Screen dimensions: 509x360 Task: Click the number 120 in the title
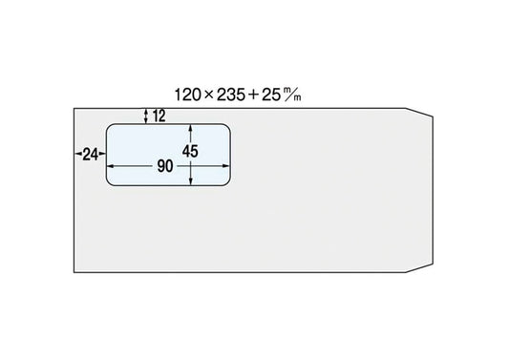pyautogui.click(x=187, y=95)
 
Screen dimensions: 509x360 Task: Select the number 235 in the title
pyautogui.click(x=231, y=95)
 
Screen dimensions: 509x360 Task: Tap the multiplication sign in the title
pyautogui.click(x=208, y=95)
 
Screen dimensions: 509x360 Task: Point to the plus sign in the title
pyautogui.click(x=253, y=95)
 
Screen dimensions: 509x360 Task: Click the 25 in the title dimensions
pyautogui.click(x=270, y=95)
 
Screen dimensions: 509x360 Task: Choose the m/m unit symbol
pyautogui.click(x=292, y=95)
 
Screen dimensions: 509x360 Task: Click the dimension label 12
pyautogui.click(x=159, y=116)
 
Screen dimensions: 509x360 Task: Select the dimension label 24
pyautogui.click(x=90, y=154)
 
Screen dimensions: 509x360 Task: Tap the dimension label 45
pyautogui.click(x=190, y=152)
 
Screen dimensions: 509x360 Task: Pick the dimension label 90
pyautogui.click(x=165, y=166)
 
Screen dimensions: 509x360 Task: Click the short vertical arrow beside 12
pyautogui.click(x=146, y=116)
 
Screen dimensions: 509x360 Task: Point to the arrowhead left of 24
pyautogui.click(x=78, y=154)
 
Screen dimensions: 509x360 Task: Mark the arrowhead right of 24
pyautogui.click(x=102, y=154)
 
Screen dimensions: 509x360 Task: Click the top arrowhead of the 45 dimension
pyautogui.click(x=191, y=127)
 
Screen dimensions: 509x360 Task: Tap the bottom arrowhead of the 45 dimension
pyautogui.click(x=191, y=182)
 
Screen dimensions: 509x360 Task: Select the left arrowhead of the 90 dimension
pyautogui.click(x=111, y=166)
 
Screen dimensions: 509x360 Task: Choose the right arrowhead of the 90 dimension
pyautogui.click(x=226, y=166)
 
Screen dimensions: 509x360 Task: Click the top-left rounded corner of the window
pyautogui.click(x=109, y=126)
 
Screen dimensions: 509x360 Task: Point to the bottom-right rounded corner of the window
pyautogui.click(x=228, y=183)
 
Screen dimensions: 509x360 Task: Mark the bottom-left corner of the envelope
pyautogui.click(x=74, y=272)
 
